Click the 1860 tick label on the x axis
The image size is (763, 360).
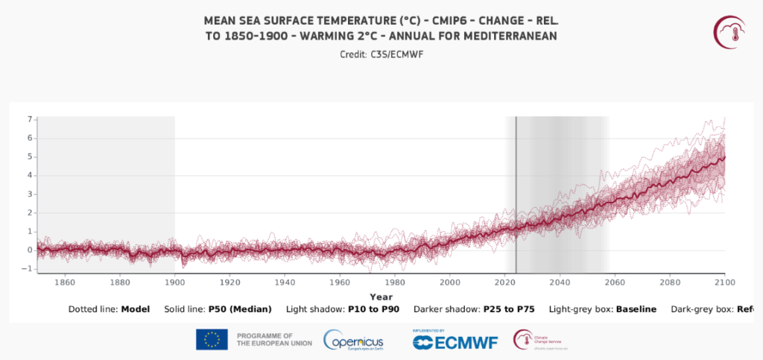pos(65,282)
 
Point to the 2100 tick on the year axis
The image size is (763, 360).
pos(725,282)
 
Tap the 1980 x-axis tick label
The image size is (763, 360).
pos(395,282)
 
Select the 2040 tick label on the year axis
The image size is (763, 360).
pos(560,282)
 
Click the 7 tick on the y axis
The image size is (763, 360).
pos(30,119)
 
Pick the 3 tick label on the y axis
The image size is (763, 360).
pos(30,194)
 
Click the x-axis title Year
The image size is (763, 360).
pos(381,296)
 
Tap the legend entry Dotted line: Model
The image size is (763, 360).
pos(109,309)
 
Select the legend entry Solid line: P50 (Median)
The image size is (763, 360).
pos(218,309)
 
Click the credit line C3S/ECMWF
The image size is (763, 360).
pos(381,54)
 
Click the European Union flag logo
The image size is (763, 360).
pos(212,339)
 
